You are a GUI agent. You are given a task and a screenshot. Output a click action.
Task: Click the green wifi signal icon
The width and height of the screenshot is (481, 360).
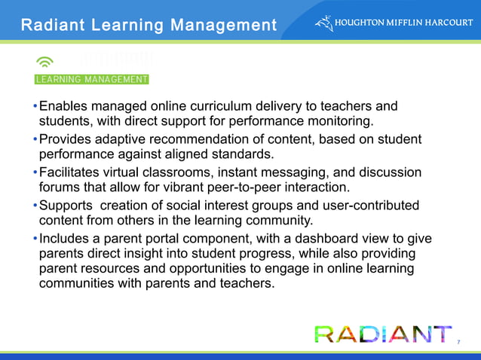click(44, 63)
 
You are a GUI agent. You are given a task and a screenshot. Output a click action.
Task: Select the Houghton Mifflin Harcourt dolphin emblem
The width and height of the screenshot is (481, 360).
click(323, 23)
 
